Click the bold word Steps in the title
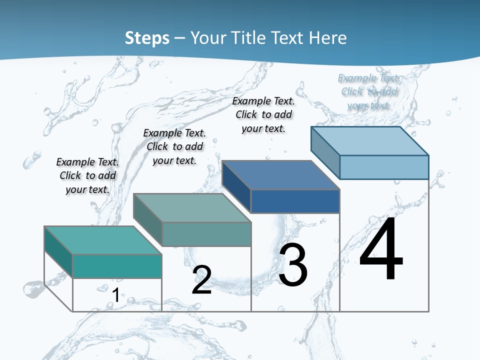[147, 38]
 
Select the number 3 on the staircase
[293, 265]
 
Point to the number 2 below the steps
[202, 280]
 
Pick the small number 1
[115, 295]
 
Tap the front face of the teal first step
[117, 266]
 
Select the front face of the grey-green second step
[206, 234]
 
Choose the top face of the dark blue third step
[280, 175]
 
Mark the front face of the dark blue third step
[295, 201]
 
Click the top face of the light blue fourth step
[369, 140]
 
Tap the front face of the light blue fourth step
[384, 167]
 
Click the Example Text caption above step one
[87, 175]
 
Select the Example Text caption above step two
[174, 146]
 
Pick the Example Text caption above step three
[263, 114]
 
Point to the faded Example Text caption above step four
[369, 91]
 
